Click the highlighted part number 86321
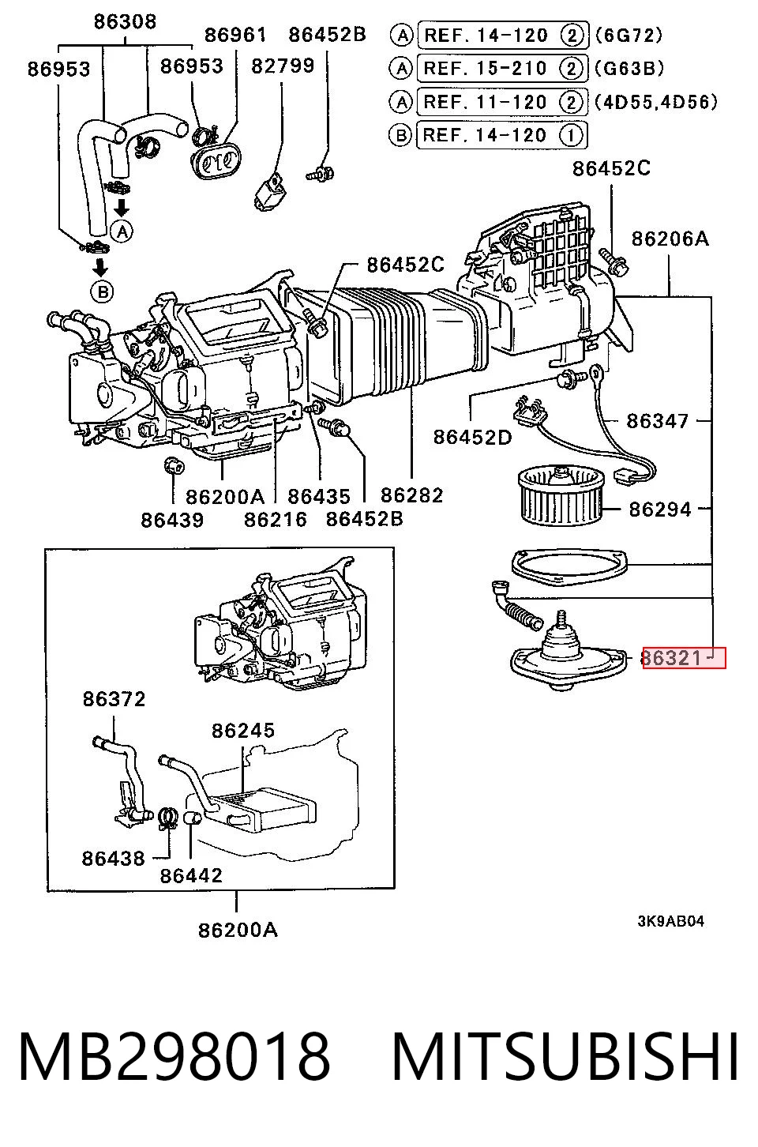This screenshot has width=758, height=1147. pos(671,657)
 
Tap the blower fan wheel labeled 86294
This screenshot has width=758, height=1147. pos(561,495)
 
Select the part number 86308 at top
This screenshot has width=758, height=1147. pos(125,21)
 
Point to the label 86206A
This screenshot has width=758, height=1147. pos(670,239)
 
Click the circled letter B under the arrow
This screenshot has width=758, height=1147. pos(103,291)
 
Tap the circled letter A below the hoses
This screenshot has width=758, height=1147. pos(122,231)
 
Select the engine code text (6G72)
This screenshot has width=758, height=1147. pos(629,35)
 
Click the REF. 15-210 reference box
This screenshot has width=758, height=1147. pos(502,68)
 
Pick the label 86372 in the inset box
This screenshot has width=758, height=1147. pos(114,699)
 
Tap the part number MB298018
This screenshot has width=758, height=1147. pos(174,1058)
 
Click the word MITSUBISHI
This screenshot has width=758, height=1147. pos(565,1058)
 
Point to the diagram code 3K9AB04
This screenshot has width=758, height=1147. pos(670,921)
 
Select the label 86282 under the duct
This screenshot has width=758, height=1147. pos(411,495)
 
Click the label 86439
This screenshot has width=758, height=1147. pos(172,520)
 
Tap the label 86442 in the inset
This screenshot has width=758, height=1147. pos(191,875)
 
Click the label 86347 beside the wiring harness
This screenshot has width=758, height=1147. pos(657,421)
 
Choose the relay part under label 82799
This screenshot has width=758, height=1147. pos(271,191)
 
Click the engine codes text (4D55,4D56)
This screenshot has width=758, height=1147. pos(656,102)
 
